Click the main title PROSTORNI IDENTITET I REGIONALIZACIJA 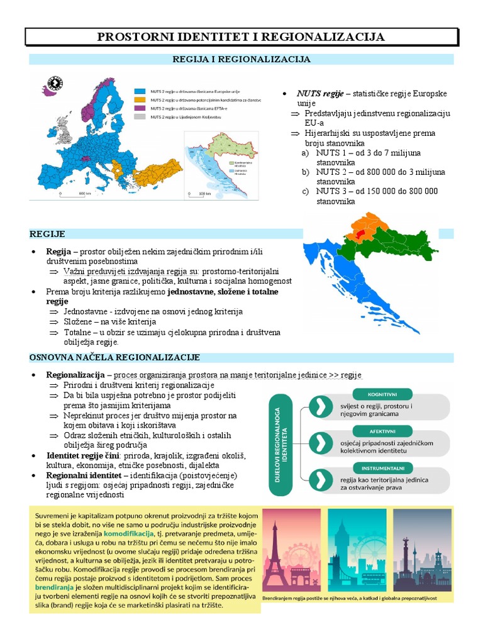(x=241, y=37)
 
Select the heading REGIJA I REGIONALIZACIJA (x=241, y=59)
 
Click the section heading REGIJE (x=47, y=234)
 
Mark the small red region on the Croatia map (x=359, y=233)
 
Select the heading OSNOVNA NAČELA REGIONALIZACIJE (x=114, y=358)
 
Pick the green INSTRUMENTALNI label (x=382, y=468)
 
